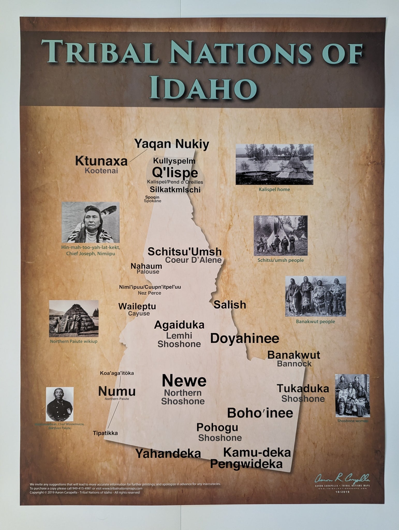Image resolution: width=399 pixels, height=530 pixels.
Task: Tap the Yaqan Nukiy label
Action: (x=172, y=144)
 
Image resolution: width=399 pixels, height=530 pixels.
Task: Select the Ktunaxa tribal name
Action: (x=101, y=161)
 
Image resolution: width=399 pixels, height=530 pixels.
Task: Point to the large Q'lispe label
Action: (x=175, y=172)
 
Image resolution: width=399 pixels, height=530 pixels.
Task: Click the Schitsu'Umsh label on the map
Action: (x=184, y=251)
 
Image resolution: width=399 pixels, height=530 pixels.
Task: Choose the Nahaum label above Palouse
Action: (x=146, y=266)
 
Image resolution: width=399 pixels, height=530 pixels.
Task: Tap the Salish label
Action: (x=230, y=305)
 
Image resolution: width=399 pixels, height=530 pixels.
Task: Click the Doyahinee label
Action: (x=245, y=338)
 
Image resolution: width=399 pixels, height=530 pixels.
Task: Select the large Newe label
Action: (x=184, y=381)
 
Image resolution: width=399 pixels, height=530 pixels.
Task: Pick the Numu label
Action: (x=117, y=391)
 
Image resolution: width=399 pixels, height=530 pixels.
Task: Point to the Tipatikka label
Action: (x=105, y=433)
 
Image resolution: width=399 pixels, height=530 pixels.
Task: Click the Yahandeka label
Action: (x=168, y=453)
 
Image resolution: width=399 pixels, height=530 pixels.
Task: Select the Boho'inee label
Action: (x=260, y=413)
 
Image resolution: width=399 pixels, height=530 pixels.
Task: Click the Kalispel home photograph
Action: (x=274, y=164)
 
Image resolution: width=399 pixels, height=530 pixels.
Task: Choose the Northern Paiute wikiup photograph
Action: (x=74, y=319)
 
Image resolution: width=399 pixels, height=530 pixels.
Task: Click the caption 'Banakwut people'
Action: (x=315, y=321)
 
